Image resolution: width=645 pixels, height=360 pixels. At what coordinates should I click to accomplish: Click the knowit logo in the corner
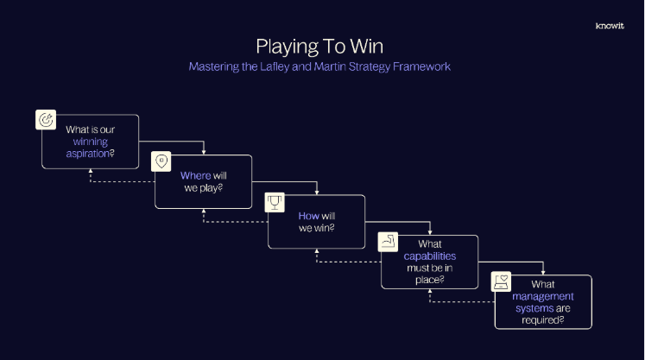coord(609,25)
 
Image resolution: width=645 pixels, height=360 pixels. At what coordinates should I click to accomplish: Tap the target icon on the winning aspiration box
coord(46,120)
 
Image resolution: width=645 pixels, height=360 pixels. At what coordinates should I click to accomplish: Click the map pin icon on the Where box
coord(160,161)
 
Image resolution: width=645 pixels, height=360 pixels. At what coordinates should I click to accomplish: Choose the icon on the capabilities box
coord(389,241)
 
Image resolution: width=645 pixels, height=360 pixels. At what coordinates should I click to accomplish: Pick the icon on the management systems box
coord(501,281)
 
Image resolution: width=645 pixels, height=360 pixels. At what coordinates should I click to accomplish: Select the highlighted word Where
coord(195,175)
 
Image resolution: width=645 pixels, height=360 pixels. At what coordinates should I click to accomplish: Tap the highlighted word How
coord(308,216)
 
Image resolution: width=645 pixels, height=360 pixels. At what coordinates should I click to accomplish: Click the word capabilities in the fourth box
coord(430,256)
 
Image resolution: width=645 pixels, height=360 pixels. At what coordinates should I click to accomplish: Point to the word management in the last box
coord(542,296)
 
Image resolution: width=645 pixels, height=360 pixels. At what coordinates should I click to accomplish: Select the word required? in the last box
coord(542,319)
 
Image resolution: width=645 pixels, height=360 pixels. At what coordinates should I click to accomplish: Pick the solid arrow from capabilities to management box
coord(543,268)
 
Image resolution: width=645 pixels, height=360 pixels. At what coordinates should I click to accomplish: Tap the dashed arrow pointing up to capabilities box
coord(430,294)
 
